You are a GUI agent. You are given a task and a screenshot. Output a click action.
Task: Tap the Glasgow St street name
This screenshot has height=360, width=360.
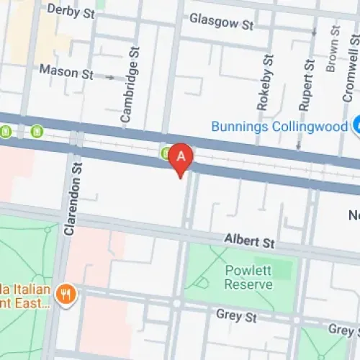click(x=222, y=23)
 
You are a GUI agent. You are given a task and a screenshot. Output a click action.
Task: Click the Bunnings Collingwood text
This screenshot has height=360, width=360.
click(x=279, y=127)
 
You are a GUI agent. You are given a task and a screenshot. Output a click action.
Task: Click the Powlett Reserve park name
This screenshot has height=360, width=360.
click(x=248, y=277)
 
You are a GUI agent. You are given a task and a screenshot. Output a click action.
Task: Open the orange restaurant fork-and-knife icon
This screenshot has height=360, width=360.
click(x=68, y=294)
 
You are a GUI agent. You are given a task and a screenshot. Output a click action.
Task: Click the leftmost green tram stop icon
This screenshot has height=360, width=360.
click(x=6, y=132)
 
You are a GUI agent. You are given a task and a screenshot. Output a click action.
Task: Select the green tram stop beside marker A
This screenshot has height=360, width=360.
click(x=166, y=152)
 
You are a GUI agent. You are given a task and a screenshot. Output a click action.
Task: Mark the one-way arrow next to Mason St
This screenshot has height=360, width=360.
click(x=108, y=75)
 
